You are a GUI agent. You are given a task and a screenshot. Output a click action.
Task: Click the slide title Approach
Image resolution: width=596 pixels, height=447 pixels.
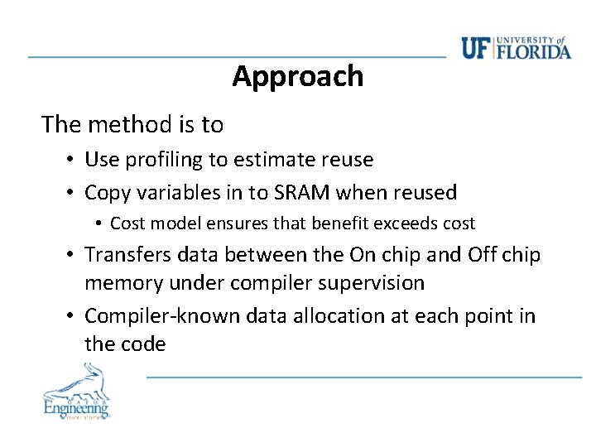click(x=297, y=76)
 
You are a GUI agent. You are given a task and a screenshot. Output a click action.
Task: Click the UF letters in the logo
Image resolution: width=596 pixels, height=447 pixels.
click(x=476, y=49)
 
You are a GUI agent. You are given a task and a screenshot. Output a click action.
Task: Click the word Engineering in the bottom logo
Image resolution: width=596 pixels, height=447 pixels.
click(x=76, y=407)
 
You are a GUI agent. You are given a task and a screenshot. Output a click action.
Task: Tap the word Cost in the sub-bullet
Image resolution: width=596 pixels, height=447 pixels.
click(x=127, y=223)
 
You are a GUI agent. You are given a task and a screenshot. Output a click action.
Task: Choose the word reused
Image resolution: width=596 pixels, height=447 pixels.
click(x=424, y=193)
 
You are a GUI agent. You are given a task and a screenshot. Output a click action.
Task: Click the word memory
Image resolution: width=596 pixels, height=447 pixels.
click(x=123, y=283)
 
